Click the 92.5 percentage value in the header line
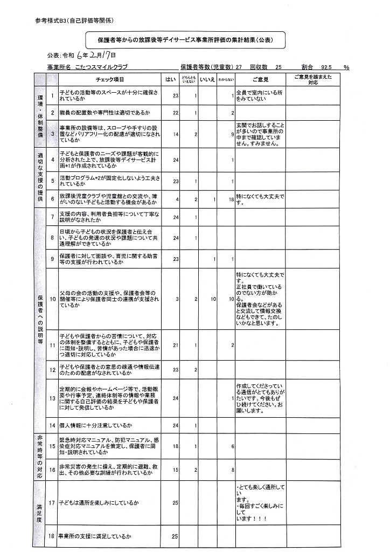325,67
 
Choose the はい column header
170,79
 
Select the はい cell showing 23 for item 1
175,96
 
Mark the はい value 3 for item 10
177,299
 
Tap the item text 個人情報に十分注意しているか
97,425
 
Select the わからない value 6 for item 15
232,446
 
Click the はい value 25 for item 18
175,536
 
